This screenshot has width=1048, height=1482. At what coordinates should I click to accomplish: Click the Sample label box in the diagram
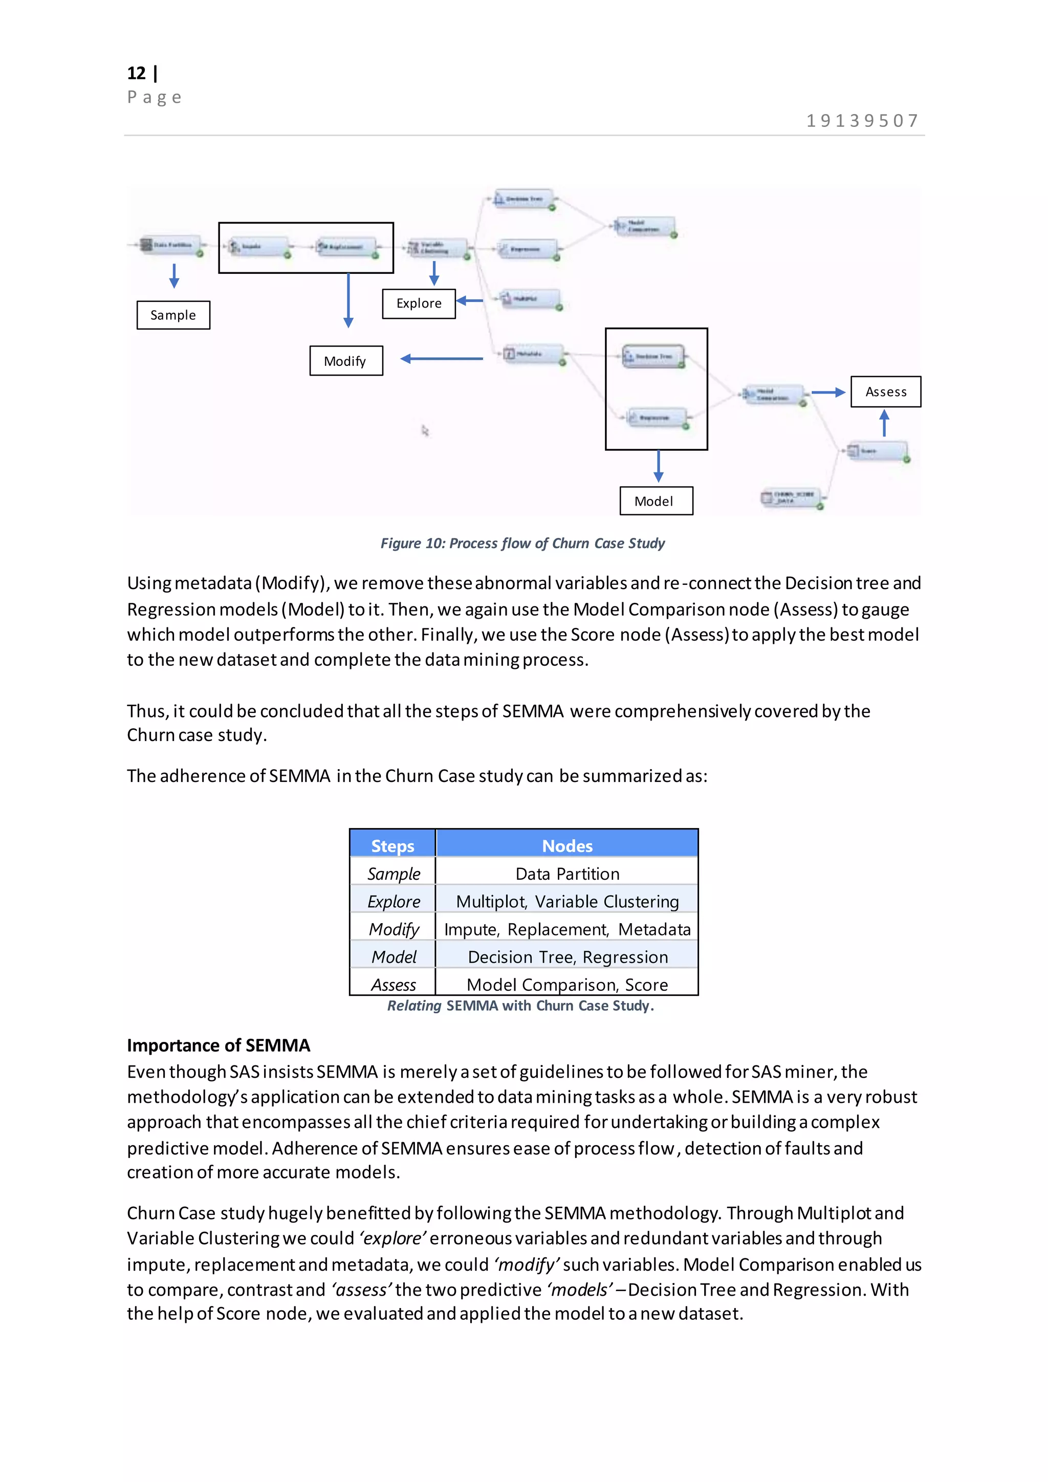tap(173, 315)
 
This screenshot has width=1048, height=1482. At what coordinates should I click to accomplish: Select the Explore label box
tap(419, 303)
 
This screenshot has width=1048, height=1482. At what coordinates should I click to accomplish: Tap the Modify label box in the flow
tap(346, 361)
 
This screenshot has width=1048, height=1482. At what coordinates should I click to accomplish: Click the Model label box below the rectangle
tap(656, 501)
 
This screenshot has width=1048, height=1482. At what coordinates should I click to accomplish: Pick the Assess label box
tap(885, 392)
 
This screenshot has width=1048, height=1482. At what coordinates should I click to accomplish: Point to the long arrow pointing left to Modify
tap(442, 359)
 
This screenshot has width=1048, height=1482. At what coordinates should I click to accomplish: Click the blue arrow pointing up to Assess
tap(884, 423)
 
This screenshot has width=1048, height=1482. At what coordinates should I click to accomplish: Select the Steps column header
tap(392, 845)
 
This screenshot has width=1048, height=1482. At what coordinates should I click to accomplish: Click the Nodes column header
tap(566, 845)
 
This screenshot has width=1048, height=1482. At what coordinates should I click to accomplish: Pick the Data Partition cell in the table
tap(566, 874)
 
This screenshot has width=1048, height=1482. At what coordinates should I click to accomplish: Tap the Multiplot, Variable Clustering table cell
tap(566, 902)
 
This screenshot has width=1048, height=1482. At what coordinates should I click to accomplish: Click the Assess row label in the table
tap(393, 985)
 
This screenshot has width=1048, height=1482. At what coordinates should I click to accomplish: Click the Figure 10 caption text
tap(522, 543)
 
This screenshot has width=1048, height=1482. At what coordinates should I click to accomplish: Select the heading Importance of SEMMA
tap(218, 1045)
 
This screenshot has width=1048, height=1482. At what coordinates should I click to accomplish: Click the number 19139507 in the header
tap(862, 121)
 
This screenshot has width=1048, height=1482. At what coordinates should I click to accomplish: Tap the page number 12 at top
tap(137, 73)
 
